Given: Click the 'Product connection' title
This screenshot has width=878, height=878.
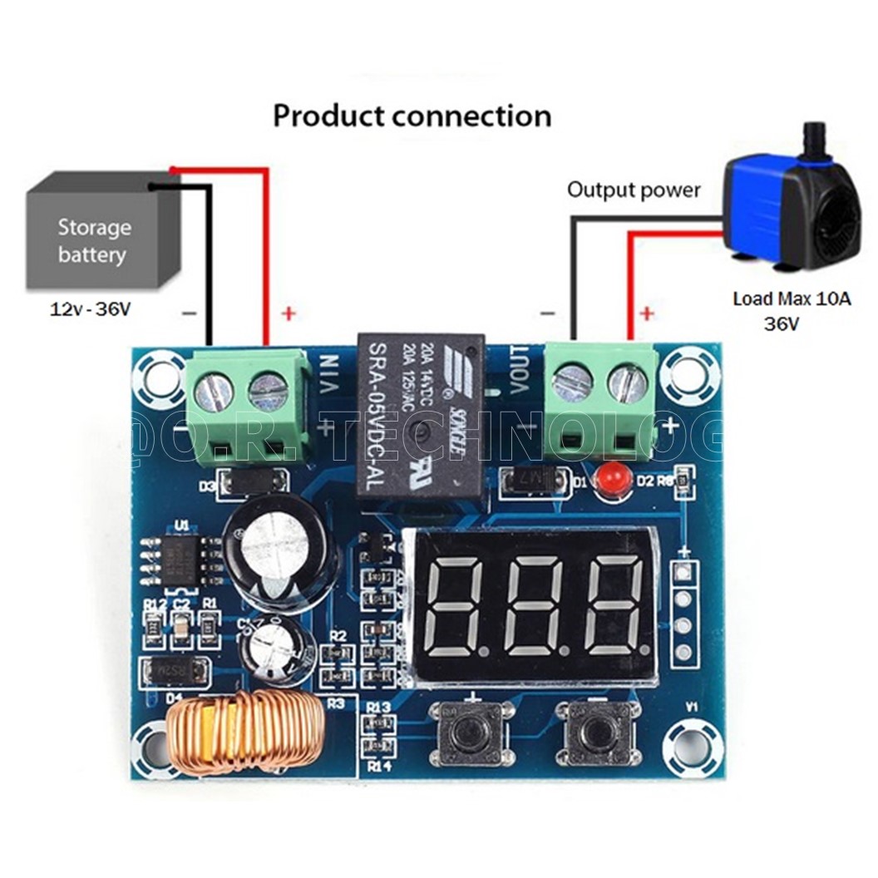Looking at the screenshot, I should click(x=412, y=116).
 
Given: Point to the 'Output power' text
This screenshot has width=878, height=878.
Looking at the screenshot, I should click(x=634, y=190).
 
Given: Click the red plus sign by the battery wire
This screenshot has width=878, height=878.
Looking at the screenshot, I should click(x=288, y=313).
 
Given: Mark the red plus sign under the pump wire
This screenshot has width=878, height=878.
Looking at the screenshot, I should click(x=647, y=313).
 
